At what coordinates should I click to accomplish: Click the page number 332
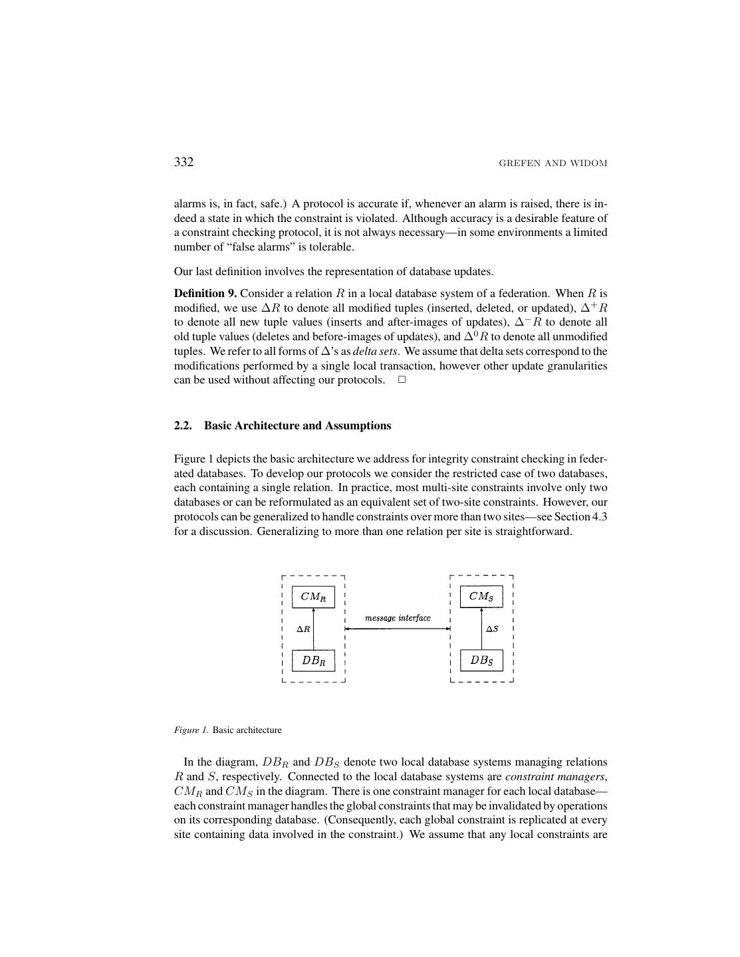184,162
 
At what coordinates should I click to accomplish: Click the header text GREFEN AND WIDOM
553,163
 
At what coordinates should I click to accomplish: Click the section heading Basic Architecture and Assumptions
297,426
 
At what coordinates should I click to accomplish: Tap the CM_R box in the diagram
313,597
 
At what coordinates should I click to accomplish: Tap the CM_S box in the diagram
481,596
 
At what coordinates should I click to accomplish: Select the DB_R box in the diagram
313,661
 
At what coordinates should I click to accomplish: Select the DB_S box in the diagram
481,661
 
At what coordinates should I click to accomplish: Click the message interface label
398,618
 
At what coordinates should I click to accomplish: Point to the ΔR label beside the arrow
303,629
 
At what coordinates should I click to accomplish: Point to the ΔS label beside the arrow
492,629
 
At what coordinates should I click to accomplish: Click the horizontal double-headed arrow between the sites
398,629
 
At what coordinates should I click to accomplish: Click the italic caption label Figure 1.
191,730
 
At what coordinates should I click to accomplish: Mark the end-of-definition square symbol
402,380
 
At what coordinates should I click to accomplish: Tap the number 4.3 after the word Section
599,517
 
